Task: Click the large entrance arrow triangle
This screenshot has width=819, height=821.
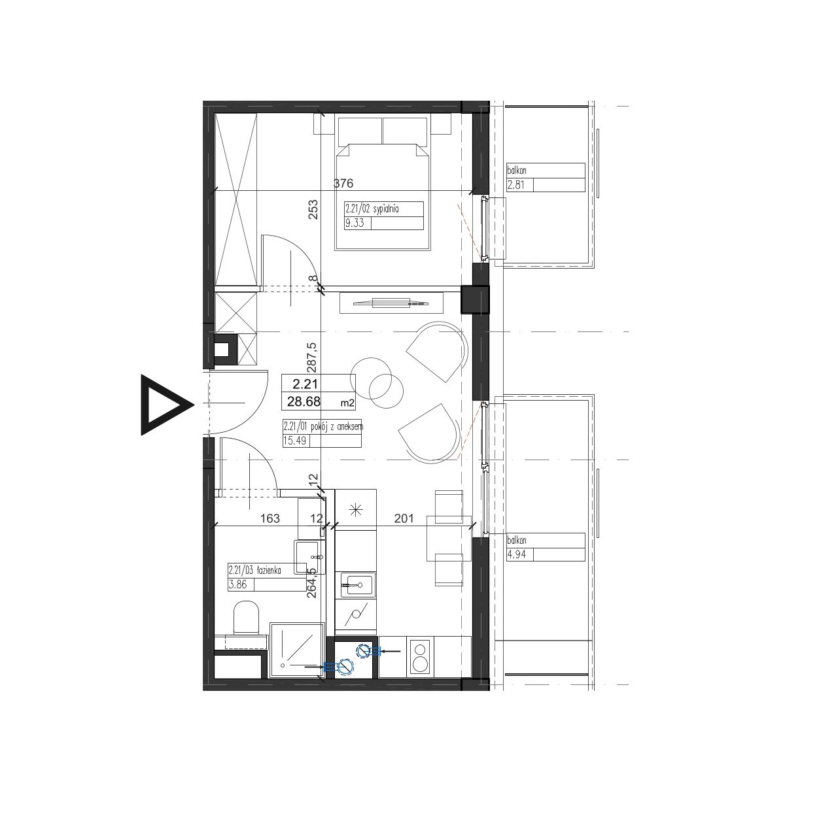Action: pos(166,405)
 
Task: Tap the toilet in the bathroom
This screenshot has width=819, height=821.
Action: pos(247,617)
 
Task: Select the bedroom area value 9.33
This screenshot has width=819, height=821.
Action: pos(355,223)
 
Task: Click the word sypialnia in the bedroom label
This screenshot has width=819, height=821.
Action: pos(385,209)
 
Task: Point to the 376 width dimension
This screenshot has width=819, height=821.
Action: pos(343,183)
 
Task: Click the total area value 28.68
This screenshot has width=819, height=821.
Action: pos(304,401)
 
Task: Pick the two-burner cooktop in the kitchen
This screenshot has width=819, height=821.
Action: pos(421,663)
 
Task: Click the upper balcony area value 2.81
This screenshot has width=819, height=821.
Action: pos(515,186)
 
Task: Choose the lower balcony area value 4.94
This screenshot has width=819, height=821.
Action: pos(515,555)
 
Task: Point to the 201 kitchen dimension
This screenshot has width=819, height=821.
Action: pos(404,518)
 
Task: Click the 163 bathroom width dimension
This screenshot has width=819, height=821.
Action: pos(270,518)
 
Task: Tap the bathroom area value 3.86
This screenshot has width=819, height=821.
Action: pos(237,584)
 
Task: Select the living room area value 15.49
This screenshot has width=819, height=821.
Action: pos(295,441)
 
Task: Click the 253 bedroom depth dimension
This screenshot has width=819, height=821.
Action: pos(313,210)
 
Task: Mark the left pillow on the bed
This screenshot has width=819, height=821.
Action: pos(360,131)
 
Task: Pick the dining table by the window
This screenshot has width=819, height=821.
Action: pos(449,539)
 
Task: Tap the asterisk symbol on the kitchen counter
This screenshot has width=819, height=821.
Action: pos(356,509)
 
